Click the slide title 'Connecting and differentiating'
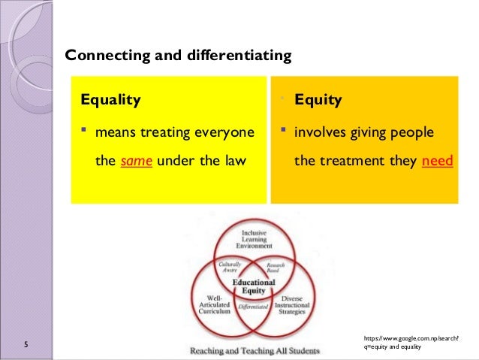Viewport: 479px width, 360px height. pyautogui.click(x=178, y=56)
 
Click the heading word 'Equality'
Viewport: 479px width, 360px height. pyautogui.click(x=110, y=99)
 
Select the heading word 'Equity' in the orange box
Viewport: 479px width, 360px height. pyautogui.click(x=318, y=99)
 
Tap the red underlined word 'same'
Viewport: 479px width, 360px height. pyautogui.click(x=137, y=160)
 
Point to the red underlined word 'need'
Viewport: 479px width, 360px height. pyautogui.click(x=438, y=160)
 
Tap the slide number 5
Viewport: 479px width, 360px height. pyautogui.click(x=26, y=345)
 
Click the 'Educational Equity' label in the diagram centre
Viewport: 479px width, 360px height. pyautogui.click(x=254, y=287)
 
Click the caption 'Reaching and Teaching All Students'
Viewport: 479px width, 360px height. pyautogui.click(x=254, y=350)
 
